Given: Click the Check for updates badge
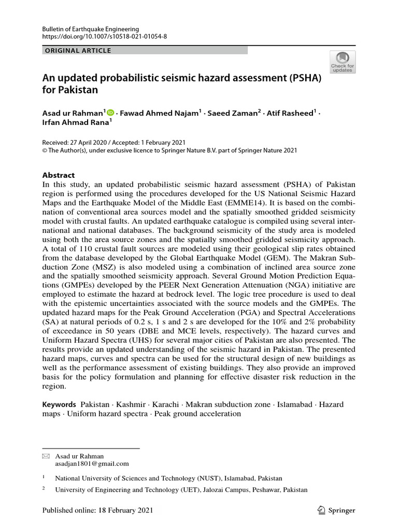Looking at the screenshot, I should [342, 61].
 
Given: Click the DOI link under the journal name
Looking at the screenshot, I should [104, 37].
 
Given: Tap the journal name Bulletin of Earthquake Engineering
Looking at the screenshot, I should [91, 29].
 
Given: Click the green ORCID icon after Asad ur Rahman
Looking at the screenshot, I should [110, 111].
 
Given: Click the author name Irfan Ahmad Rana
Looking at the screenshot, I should [76, 122].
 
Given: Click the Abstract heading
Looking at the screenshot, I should [58, 175].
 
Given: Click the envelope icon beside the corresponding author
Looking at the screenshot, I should [45, 456].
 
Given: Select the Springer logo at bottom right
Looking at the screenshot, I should [336, 510].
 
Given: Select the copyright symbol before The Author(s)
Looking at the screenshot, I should [44, 150].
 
